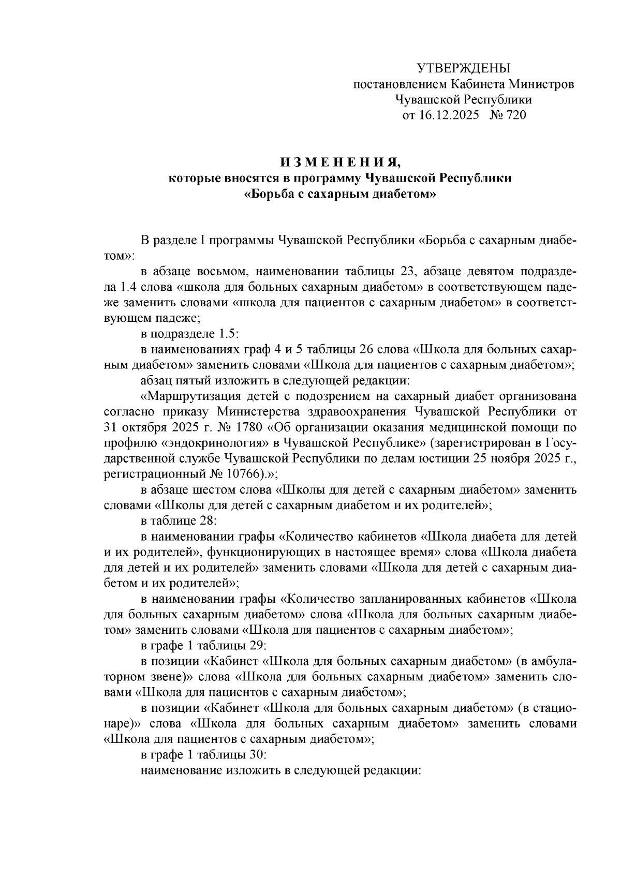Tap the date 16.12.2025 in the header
coord(451,115)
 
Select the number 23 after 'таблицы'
coord(408,271)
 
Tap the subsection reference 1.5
coord(227,334)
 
